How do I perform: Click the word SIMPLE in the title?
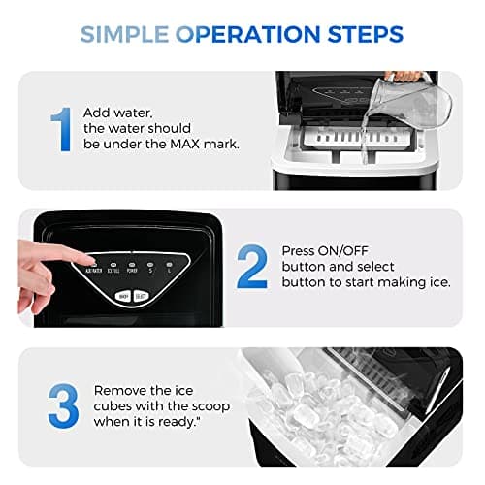(x=125, y=35)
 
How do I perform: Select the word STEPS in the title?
(x=360, y=35)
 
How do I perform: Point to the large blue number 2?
(x=252, y=269)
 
